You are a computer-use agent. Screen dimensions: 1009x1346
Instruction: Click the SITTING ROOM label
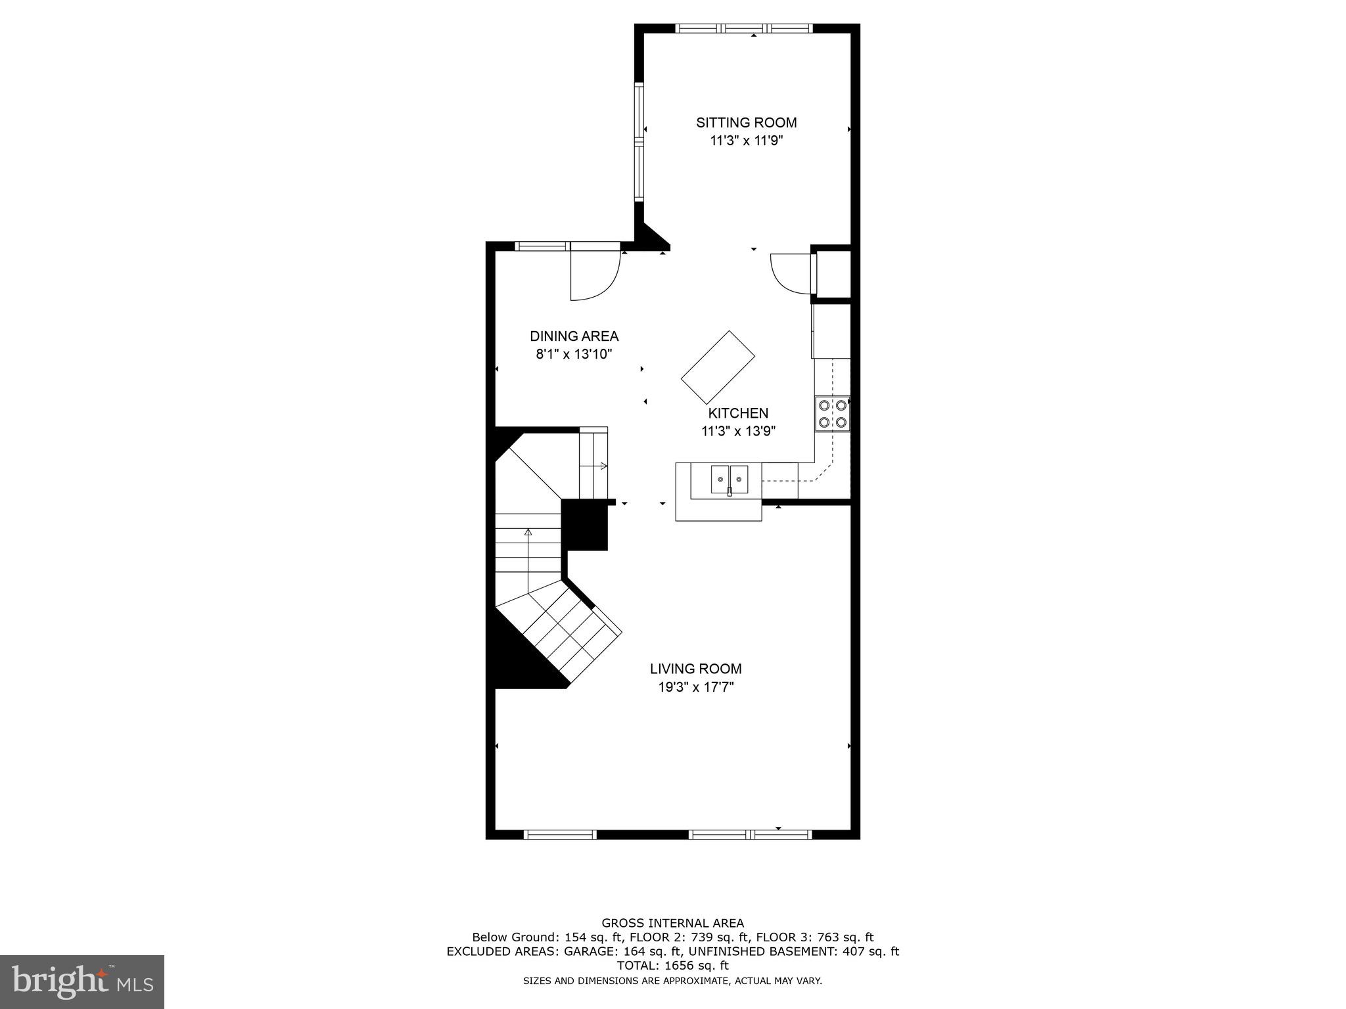click(746, 122)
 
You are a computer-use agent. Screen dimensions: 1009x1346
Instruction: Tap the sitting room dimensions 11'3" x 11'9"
click(746, 141)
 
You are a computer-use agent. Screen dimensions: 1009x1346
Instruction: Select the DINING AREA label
click(574, 336)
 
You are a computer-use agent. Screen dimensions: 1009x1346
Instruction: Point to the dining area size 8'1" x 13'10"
click(574, 355)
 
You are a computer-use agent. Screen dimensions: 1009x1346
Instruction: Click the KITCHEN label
click(738, 413)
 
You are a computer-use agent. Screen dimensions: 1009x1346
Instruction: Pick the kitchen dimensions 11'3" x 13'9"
click(738, 432)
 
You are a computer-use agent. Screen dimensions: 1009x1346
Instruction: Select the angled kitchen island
click(718, 367)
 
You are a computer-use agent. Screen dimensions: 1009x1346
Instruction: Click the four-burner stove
click(832, 414)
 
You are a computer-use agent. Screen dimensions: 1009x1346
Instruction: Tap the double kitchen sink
click(730, 479)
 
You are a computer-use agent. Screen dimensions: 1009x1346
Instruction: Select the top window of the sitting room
click(744, 28)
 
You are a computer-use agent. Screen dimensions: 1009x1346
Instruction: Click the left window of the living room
click(560, 835)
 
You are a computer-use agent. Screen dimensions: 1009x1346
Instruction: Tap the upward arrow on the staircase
click(528, 533)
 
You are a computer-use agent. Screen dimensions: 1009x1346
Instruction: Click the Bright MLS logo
click(81, 981)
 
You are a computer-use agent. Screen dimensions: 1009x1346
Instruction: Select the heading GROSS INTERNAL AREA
click(672, 923)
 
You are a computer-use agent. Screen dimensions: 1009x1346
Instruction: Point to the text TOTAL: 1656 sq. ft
click(672, 966)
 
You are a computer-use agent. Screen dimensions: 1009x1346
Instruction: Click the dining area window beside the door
click(542, 246)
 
